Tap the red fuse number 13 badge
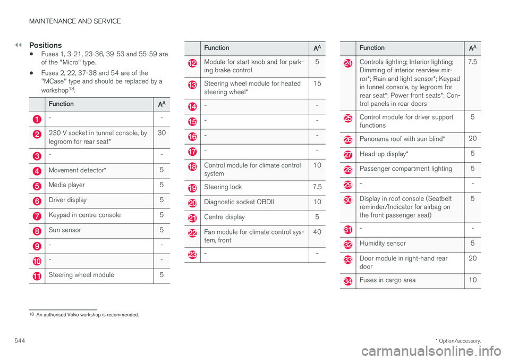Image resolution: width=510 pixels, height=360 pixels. pos(192,85)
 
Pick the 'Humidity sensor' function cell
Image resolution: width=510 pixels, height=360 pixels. pos(382,243)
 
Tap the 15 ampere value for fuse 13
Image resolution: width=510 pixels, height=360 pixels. pos(317,84)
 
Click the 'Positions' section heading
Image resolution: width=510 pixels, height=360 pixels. pos(46,45)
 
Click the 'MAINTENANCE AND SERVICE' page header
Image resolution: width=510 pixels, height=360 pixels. pos(75,22)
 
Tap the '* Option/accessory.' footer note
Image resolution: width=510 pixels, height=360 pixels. pos(457,339)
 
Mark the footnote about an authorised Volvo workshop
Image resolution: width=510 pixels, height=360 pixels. pos(87,315)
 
